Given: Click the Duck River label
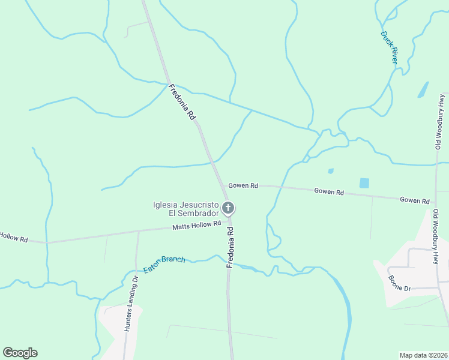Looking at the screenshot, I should point(390,47).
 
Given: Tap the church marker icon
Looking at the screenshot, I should point(228,208).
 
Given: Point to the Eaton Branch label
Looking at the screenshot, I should point(164,262).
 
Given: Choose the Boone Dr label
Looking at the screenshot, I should point(399,284).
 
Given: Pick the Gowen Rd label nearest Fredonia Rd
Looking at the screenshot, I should point(243,186).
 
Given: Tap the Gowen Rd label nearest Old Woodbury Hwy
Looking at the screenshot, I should point(415,200).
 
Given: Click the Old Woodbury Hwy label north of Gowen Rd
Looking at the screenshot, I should point(441,121).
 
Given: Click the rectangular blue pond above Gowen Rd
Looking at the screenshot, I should point(364,182).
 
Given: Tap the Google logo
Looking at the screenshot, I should point(20,353).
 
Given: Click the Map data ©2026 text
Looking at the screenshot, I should point(423,355).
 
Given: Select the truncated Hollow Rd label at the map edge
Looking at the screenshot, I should point(14,238).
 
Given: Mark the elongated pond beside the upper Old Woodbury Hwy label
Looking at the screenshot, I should point(423,89).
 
